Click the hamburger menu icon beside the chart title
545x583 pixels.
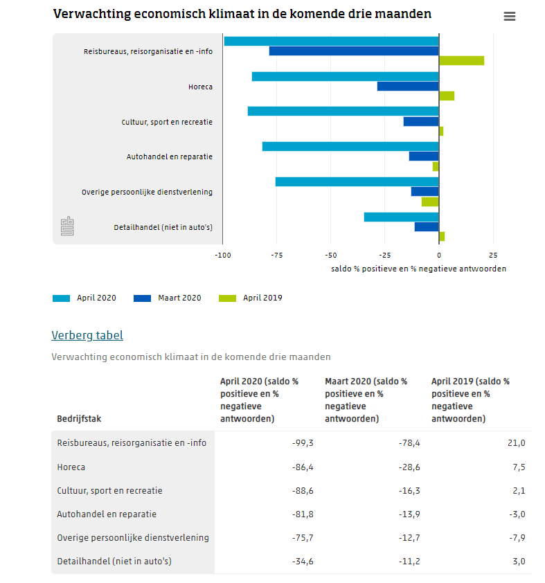(x=510, y=17)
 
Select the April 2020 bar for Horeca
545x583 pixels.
(x=345, y=76)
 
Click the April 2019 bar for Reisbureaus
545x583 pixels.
(x=461, y=60)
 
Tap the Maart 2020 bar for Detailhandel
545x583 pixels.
(x=427, y=226)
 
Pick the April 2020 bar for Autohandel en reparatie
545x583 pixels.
(x=350, y=147)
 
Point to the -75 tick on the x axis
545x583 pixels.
(x=277, y=255)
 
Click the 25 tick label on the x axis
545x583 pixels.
(x=492, y=255)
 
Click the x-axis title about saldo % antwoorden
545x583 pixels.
(x=418, y=269)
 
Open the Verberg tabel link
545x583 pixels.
(x=87, y=336)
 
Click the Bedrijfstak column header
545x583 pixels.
(x=79, y=419)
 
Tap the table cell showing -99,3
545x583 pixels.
(x=303, y=443)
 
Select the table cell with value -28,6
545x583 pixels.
(x=408, y=467)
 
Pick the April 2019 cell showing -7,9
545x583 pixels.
(x=517, y=538)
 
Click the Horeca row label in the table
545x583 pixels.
(x=71, y=467)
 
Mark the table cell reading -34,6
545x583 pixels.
(x=303, y=562)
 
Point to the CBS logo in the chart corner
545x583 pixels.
(x=67, y=226)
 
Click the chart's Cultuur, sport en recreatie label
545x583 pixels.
(x=167, y=122)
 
